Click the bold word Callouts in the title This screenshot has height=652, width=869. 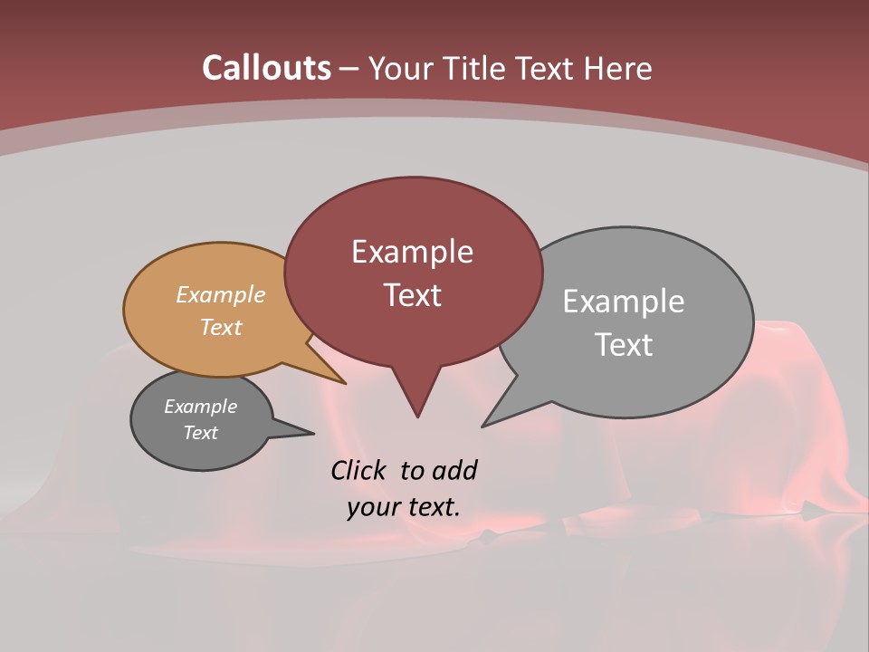point(266,69)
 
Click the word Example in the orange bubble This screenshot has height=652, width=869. point(221,295)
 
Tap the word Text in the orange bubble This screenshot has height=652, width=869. point(221,327)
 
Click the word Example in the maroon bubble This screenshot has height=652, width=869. point(412,252)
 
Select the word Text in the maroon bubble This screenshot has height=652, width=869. point(412,295)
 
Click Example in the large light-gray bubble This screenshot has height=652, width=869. point(624,302)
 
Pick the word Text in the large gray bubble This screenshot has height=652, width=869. point(624,345)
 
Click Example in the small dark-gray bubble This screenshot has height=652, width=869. point(200,407)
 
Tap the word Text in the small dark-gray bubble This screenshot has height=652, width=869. point(200,433)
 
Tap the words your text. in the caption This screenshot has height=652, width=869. point(403,507)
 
